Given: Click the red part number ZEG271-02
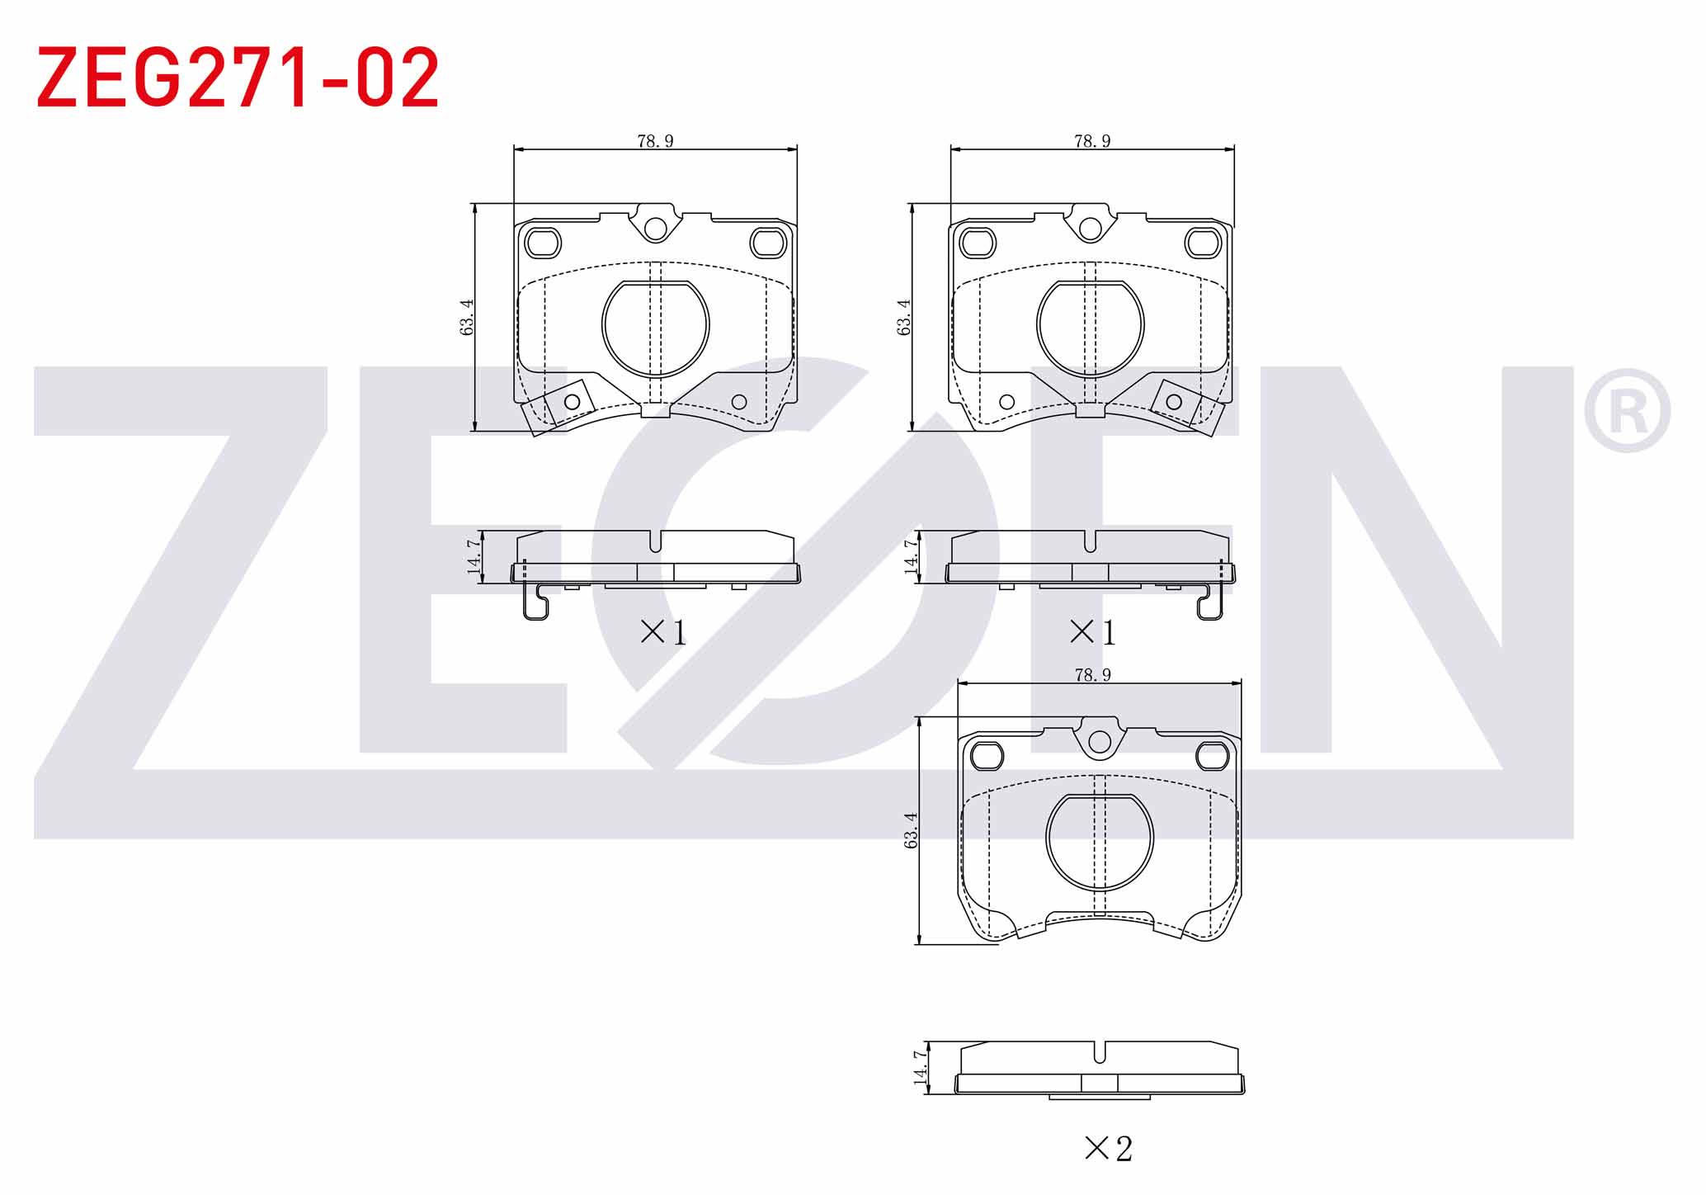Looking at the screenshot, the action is click(x=238, y=78).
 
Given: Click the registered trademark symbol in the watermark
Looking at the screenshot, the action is click(x=1627, y=411).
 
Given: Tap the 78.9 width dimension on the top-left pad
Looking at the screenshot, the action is click(x=655, y=141).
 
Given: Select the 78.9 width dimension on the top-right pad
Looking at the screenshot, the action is click(x=1092, y=141).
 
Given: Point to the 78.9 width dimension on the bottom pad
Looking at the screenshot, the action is click(x=1092, y=675).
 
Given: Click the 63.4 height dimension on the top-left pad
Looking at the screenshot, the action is click(x=467, y=317).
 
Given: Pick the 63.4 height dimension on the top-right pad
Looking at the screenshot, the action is click(x=904, y=317).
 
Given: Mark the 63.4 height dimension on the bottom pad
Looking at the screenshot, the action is click(x=911, y=830).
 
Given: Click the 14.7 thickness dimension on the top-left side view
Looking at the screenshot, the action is click(x=474, y=556).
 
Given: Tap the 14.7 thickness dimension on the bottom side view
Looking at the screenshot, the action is click(x=921, y=1067).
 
